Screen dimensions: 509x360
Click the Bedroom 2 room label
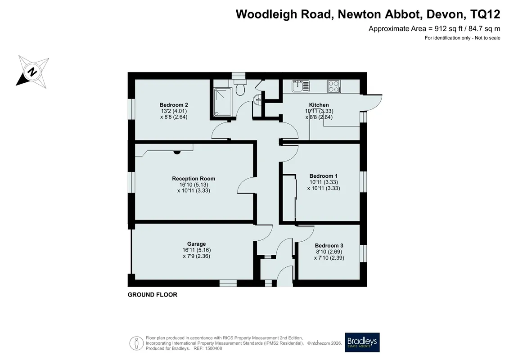pyautogui.click(x=174, y=105)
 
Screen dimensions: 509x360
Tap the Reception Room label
pyautogui.click(x=194, y=179)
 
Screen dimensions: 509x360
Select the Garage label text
pyautogui.click(x=196, y=244)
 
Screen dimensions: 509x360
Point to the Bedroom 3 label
pyautogui.click(x=329, y=246)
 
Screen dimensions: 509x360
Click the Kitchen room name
pyautogui.click(x=319, y=105)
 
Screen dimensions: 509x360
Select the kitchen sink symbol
pyautogui.click(x=301, y=86)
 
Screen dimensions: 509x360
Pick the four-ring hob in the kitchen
pyautogui.click(x=334, y=86)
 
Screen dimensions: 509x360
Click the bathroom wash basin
pyautogui.click(x=257, y=99)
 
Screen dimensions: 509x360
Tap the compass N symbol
pyautogui.click(x=32, y=72)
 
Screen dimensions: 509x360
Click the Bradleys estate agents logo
pyautogui.click(x=362, y=342)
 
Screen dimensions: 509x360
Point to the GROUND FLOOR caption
pyautogui.click(x=152, y=295)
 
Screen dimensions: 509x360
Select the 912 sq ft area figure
pyautogui.click(x=448, y=28)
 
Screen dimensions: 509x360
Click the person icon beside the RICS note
pyautogui.click(x=136, y=343)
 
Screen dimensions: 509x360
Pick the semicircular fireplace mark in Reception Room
pyautogui.click(x=177, y=152)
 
